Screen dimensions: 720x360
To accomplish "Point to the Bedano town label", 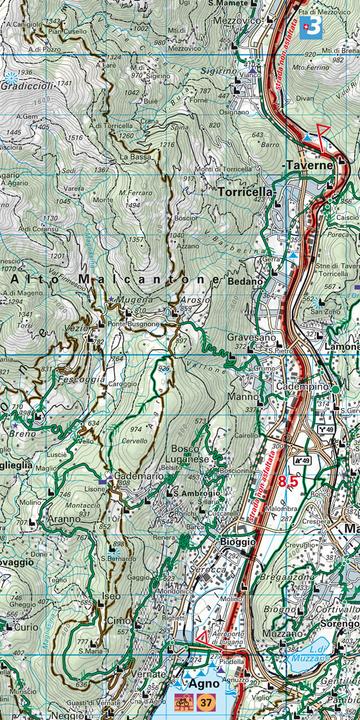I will [245, 282].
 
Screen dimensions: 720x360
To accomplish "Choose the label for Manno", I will [242, 396].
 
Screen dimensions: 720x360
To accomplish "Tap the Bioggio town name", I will [238, 540].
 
